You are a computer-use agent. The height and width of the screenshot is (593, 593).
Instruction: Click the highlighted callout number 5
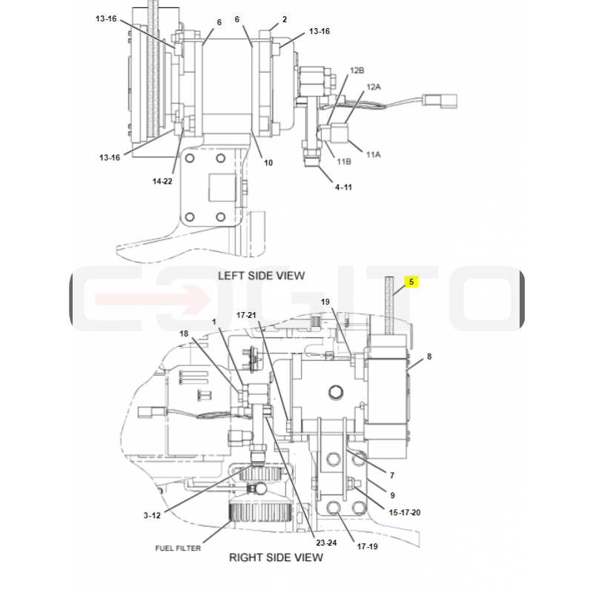[411, 282]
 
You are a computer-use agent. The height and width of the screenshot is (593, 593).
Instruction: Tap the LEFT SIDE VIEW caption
[262, 275]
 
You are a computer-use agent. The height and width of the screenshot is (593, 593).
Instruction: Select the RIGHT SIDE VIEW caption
[276, 557]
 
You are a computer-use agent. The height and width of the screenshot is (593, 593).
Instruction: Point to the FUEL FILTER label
[178, 548]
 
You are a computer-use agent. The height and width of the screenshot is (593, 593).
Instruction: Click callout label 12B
[357, 70]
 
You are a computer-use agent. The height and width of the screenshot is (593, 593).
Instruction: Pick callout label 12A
[374, 87]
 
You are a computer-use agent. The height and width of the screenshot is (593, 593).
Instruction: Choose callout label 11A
[374, 154]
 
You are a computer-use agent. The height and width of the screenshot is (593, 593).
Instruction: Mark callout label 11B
[344, 162]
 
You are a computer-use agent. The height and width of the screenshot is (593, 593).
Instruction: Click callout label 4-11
[343, 187]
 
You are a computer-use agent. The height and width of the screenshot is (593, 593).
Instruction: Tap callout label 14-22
[162, 181]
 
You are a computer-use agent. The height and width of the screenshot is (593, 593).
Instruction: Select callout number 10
[268, 162]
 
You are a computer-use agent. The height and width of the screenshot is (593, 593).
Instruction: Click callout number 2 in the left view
[285, 19]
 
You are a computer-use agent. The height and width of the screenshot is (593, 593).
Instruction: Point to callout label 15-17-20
[405, 512]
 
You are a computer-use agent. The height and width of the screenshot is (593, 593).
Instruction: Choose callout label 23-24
[326, 543]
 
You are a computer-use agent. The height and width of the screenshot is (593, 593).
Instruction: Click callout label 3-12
[152, 515]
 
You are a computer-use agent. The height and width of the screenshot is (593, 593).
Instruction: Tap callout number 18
[184, 334]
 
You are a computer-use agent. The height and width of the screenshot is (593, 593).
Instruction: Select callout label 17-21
[246, 315]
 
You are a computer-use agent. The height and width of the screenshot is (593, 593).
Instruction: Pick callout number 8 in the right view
[429, 357]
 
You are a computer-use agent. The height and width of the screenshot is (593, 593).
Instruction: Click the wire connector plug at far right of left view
[440, 101]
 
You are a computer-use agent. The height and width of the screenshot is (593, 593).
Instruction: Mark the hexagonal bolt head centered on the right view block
[335, 392]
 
